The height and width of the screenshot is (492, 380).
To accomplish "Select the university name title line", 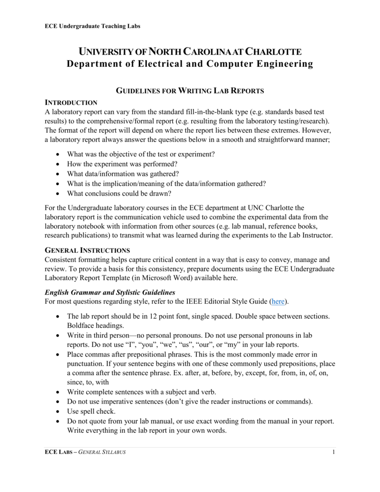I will tap(190, 52).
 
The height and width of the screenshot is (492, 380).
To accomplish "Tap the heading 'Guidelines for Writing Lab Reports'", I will tap(190, 91).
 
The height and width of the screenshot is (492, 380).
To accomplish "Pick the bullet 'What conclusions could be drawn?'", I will tap(119, 194).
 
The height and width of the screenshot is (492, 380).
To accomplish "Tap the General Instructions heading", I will tap(87, 250).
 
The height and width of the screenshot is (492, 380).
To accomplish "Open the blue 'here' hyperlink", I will tap(278, 302).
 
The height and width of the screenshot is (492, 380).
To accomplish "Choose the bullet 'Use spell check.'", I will tap(92, 411).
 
